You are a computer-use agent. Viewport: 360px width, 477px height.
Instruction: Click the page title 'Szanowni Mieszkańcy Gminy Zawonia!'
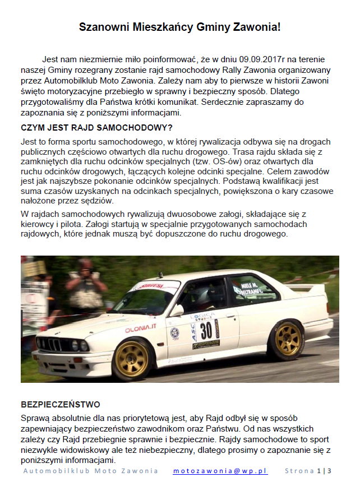click(179, 27)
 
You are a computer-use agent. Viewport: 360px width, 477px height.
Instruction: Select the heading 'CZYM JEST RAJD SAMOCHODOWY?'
click(96, 127)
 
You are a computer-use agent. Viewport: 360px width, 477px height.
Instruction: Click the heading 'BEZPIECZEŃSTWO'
click(61, 404)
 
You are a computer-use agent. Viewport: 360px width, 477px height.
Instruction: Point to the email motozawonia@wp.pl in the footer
click(220, 471)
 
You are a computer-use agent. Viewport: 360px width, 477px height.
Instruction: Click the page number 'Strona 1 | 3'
click(308, 471)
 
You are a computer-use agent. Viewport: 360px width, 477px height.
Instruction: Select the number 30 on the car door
click(206, 329)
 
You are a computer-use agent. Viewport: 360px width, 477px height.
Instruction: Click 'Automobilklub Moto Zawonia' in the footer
click(90, 471)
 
